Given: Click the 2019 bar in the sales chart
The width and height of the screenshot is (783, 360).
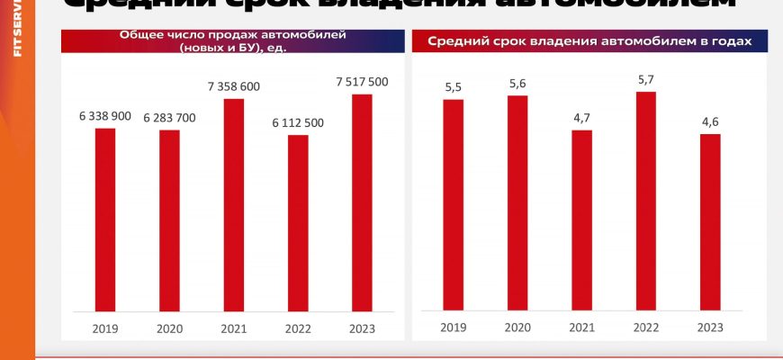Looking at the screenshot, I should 105,219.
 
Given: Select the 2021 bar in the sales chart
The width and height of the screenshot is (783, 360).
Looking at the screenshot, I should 234,204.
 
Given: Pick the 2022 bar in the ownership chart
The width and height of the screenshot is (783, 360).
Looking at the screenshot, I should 645,201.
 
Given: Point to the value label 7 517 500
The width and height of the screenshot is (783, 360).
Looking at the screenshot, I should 362,82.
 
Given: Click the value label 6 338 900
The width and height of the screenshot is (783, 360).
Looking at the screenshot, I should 105,116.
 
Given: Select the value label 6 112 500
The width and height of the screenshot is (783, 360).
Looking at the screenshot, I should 298,123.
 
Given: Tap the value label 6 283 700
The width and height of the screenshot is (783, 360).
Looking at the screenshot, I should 169,118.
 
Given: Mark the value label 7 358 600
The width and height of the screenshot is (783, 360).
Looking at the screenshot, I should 234,86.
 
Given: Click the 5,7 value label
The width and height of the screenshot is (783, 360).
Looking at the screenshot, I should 645,79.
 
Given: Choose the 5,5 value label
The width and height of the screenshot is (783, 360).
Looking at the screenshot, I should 453,86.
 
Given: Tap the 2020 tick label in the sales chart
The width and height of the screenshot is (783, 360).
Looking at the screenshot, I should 169,328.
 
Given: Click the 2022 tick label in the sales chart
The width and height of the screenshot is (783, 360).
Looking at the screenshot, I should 298,328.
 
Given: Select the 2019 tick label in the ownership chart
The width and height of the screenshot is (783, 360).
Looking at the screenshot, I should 453,328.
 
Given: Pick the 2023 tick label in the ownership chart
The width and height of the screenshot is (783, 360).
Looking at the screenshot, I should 710,328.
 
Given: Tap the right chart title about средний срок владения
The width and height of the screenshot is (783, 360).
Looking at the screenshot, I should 589,41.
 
